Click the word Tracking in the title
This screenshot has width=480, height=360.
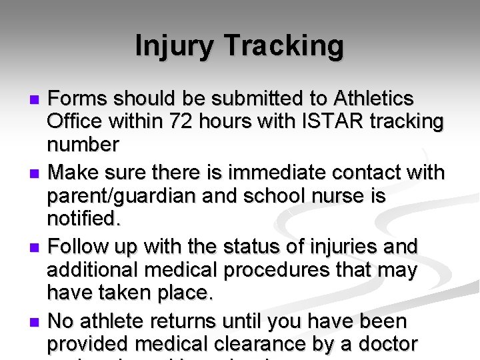(284, 47)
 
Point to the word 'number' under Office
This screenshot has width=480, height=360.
(83, 145)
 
